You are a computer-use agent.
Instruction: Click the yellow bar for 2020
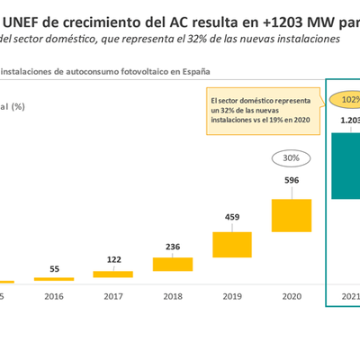291,213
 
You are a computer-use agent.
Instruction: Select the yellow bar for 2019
231,244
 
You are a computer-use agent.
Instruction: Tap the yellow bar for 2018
172,264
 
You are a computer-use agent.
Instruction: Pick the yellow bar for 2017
112,274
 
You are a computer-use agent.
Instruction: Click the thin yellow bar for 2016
54,278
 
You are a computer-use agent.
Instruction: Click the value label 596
291,180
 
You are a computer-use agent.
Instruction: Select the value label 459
231,217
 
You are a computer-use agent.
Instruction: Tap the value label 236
172,247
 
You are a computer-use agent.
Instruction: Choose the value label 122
112,260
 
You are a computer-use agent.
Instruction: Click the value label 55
54,268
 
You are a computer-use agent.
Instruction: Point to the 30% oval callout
291,157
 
